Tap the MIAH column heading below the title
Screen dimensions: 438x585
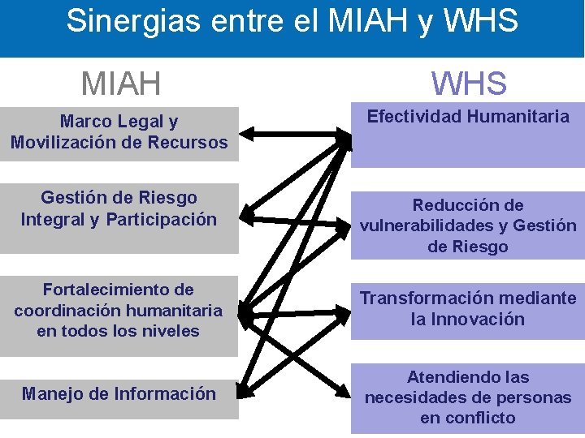[121, 84]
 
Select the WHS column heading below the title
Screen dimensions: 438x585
[469, 84]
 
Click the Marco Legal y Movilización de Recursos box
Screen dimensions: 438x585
[119, 133]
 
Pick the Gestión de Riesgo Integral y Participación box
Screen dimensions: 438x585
[119, 208]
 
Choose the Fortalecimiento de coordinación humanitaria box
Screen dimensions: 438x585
[119, 311]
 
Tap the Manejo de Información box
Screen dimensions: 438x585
[119, 393]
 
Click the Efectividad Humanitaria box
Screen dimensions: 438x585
[468, 135]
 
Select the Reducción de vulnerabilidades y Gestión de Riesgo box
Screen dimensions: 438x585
[468, 225]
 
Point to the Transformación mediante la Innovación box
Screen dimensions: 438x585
[468, 309]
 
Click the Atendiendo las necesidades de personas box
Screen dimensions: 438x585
[468, 397]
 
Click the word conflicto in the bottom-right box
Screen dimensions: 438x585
[468, 419]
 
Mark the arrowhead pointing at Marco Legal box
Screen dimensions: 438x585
[247, 131]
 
